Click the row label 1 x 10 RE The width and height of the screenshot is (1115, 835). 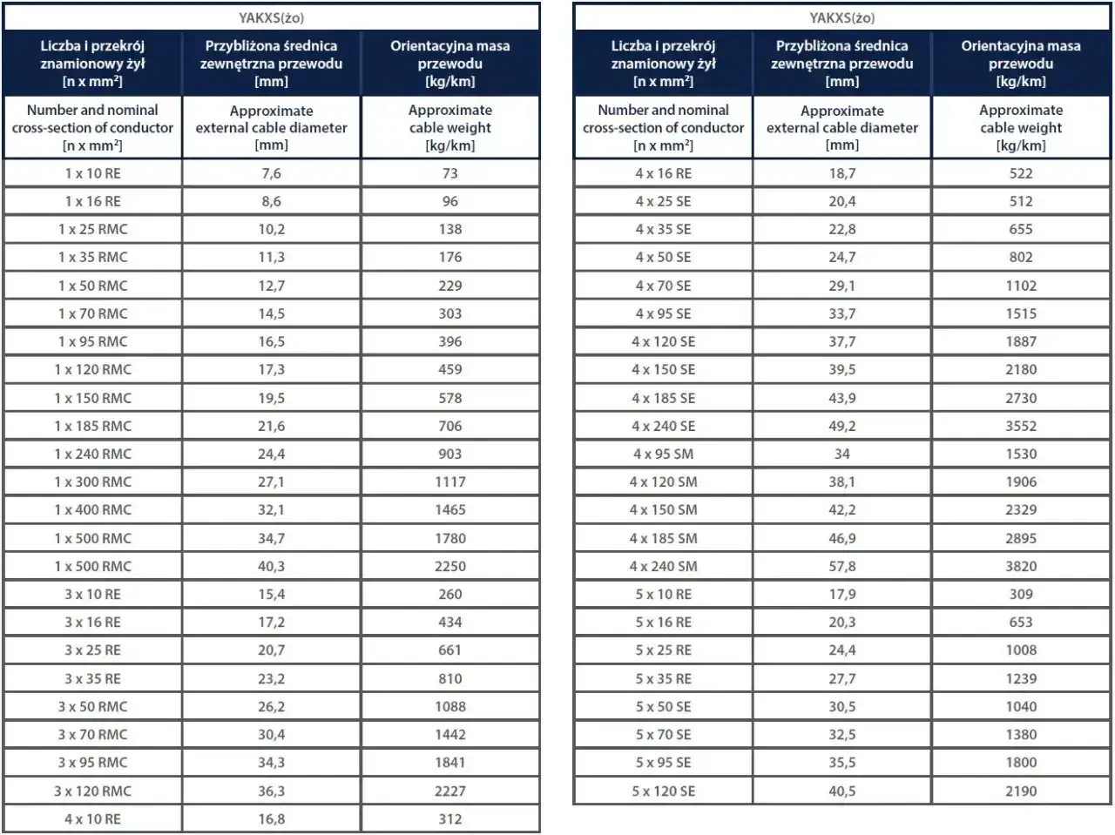[x=93, y=173]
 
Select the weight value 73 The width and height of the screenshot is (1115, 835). [x=450, y=173]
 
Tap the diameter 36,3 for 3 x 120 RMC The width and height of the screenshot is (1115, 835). [x=271, y=791]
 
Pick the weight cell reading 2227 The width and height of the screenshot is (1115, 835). [x=450, y=791]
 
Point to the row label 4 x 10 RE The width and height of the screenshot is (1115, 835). [x=93, y=818]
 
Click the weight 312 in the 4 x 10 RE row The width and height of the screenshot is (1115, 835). [x=450, y=818]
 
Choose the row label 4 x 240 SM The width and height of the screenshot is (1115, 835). [x=664, y=566]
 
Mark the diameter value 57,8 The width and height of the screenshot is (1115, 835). [x=842, y=566]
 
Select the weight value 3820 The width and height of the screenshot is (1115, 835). [x=1021, y=566]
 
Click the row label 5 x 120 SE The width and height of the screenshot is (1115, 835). [x=664, y=791]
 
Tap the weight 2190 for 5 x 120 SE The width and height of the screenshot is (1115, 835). [x=1021, y=791]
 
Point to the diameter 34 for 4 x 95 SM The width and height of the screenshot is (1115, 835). [x=842, y=454]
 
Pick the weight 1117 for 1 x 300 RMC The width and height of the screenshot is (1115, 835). [x=450, y=481]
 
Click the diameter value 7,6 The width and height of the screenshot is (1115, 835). [x=271, y=173]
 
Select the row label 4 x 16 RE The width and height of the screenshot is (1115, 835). [x=664, y=173]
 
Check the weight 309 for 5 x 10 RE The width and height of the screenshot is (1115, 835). [x=1021, y=594]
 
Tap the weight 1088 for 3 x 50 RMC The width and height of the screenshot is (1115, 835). [x=450, y=707]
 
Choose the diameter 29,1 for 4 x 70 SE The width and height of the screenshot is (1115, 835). [x=842, y=286]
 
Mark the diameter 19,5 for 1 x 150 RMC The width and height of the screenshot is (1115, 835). [x=271, y=398]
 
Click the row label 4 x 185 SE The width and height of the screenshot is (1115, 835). [x=664, y=398]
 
